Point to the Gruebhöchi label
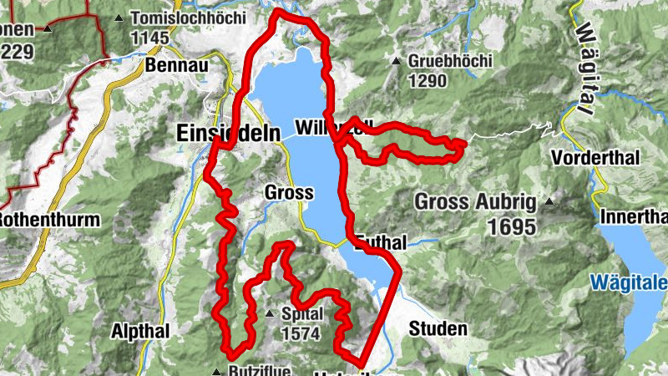450,61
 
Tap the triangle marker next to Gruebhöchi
396,61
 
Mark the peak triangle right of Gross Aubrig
549,201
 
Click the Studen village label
438,329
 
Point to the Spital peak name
302,314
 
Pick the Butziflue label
259,370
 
